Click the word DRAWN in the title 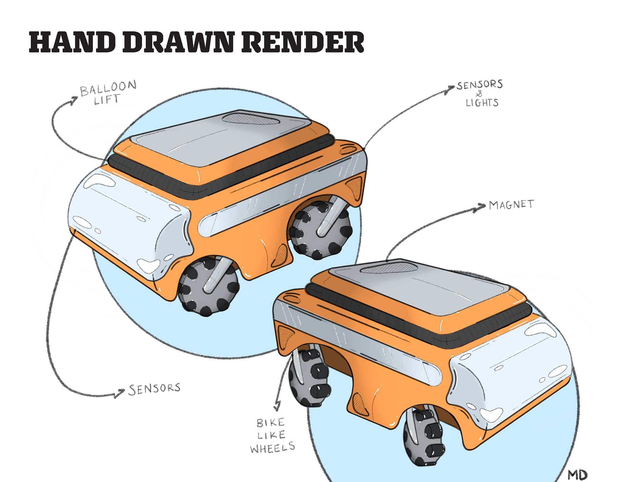[x=178, y=42]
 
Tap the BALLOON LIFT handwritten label [x=108, y=92]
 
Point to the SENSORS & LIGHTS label [x=480, y=94]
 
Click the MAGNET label [x=511, y=205]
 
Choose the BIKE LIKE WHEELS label [x=272, y=435]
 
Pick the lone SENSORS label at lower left [x=154, y=389]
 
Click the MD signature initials [x=578, y=475]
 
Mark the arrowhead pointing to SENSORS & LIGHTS [x=451, y=88]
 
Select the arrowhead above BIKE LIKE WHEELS [x=277, y=406]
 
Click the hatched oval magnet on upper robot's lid [x=250, y=119]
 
